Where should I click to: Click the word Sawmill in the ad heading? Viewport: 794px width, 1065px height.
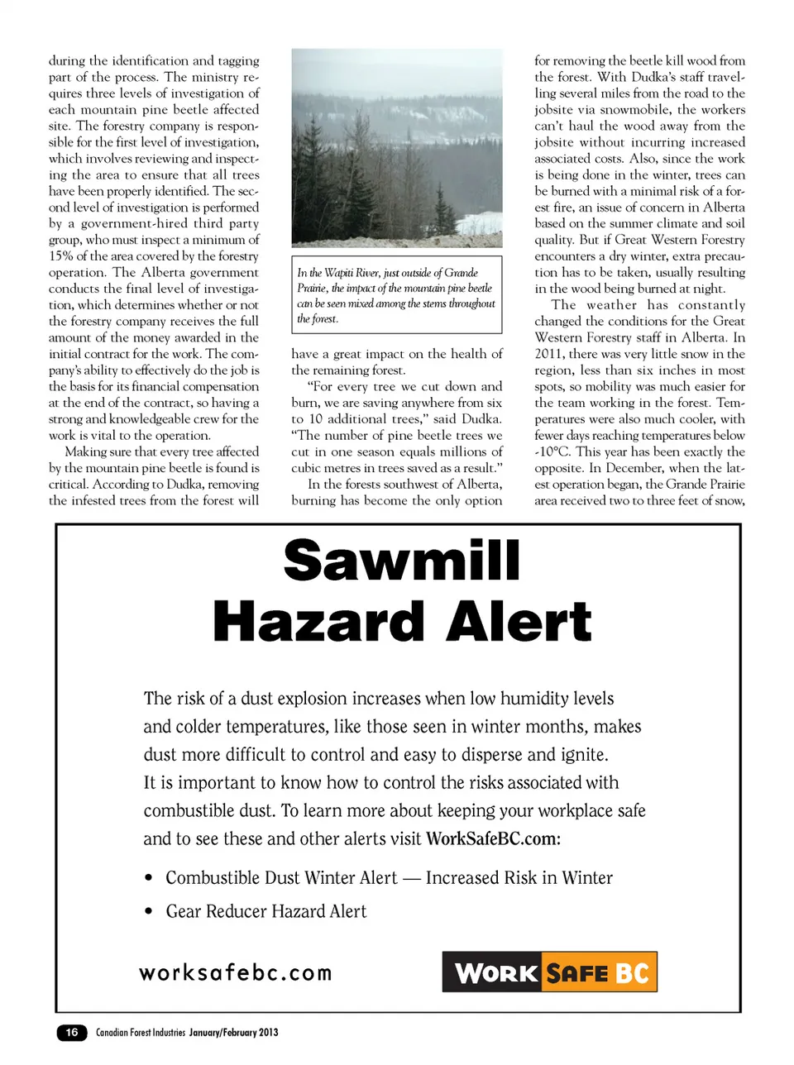point(402,561)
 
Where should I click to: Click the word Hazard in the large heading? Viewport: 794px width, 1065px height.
point(323,622)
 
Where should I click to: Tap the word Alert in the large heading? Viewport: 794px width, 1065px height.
point(519,622)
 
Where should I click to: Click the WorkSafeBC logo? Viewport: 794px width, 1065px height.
point(549,972)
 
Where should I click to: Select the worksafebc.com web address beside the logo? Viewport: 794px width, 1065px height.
point(236,972)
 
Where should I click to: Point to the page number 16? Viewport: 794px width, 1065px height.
point(72,1032)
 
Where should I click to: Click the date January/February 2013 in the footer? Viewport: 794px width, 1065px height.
point(233,1032)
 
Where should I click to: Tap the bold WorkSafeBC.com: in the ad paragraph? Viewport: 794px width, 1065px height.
point(493,838)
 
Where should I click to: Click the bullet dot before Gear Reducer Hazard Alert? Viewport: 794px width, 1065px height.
point(149,912)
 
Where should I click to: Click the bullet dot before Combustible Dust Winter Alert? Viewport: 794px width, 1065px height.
point(149,878)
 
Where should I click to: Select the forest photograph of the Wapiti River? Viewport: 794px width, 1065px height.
point(397,148)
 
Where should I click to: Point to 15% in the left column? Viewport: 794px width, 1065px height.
point(60,256)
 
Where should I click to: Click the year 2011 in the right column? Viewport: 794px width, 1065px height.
point(549,354)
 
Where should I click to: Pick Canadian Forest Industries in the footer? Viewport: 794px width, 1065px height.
point(141,1032)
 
